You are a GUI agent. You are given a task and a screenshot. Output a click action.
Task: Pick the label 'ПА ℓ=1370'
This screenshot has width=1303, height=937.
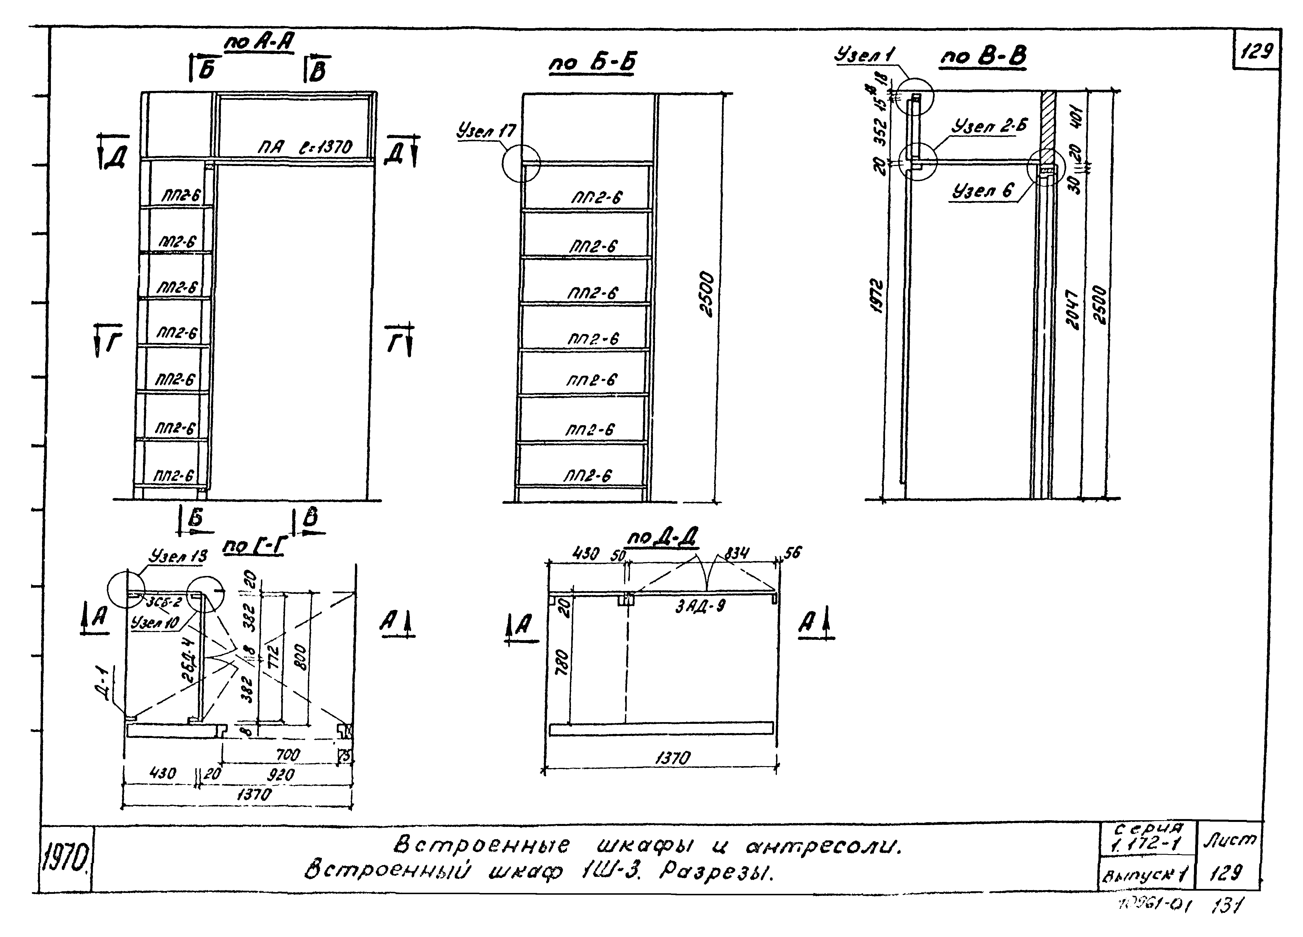(305, 148)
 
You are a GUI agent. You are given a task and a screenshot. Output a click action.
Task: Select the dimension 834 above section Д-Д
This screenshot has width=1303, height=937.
(737, 553)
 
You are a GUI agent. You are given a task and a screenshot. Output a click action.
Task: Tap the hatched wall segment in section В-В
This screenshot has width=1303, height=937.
(1048, 121)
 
